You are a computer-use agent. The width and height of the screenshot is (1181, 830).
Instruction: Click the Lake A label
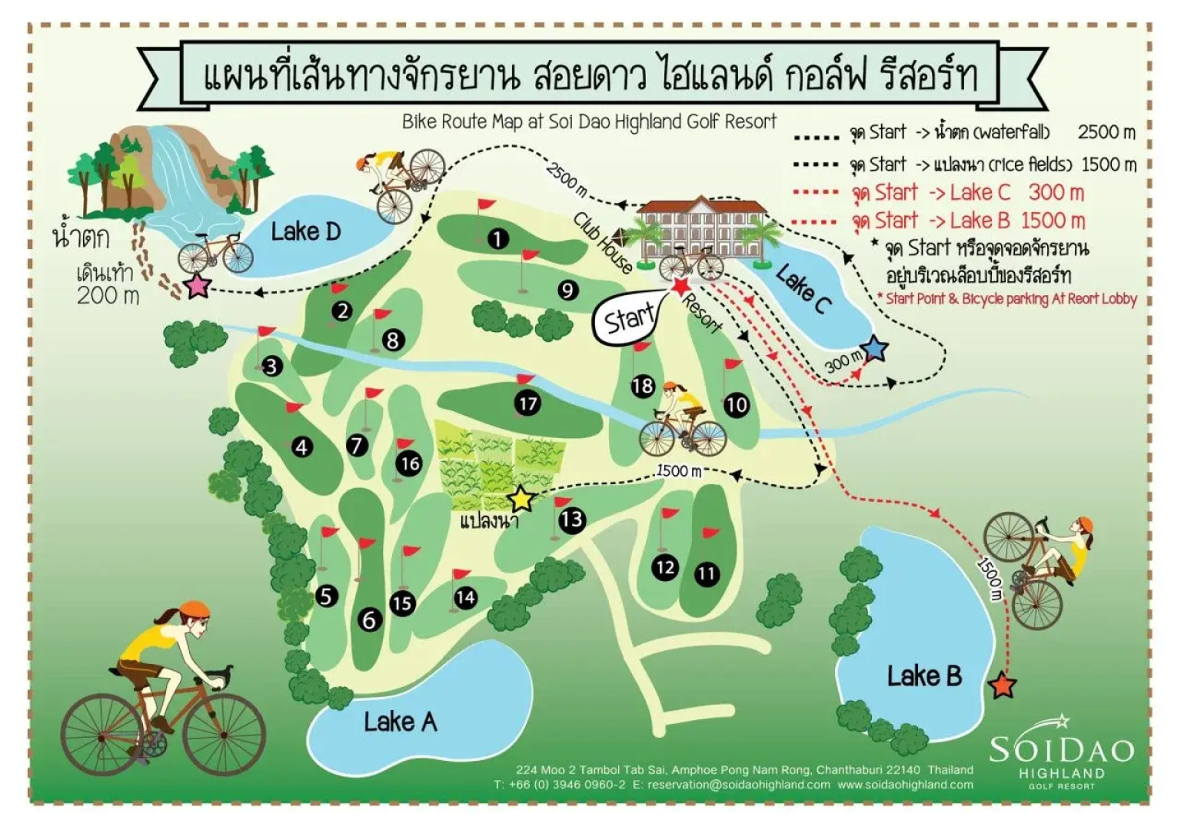pos(400,722)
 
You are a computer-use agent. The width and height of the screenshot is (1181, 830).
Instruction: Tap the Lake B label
pos(923,676)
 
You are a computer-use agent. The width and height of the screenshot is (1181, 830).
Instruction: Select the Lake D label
pos(305,231)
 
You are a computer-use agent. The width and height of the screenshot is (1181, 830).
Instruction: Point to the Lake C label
pos(803,288)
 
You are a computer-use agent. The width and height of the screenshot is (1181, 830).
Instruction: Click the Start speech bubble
pos(628,317)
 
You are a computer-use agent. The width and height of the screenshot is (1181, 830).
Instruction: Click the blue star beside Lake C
pos(874,350)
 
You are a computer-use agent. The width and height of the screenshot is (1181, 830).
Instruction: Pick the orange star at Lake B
pos(1002,685)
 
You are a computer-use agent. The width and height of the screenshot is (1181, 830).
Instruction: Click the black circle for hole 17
pos(527,403)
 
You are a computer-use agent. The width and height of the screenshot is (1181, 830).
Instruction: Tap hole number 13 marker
pos(571,520)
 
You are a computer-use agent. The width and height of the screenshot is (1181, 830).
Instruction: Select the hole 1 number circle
pos(498,239)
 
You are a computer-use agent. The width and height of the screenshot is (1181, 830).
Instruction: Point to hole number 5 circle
pos(327,596)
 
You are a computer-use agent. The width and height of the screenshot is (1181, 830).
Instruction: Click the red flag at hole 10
pos(732,364)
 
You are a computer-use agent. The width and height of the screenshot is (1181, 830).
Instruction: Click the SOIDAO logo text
pos(1061,749)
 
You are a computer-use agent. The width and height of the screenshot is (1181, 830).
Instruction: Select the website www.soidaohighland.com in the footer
pos(905,785)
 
